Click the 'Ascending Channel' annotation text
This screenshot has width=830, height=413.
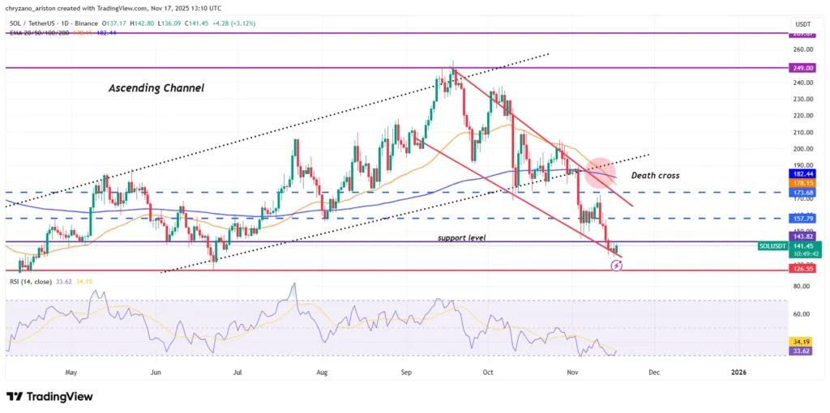pyautogui.click(x=156, y=87)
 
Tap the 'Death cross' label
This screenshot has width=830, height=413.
pyautogui.click(x=656, y=174)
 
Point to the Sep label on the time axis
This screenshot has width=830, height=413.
pyautogui.click(x=407, y=373)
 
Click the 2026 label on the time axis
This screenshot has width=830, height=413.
pyautogui.click(x=738, y=373)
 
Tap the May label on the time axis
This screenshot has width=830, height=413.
pyautogui.click(x=71, y=373)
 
